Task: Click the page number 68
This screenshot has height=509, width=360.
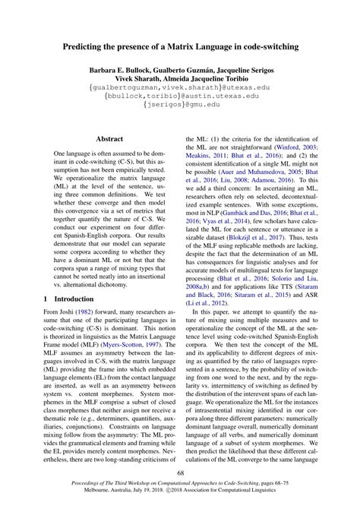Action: tap(180, 475)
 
